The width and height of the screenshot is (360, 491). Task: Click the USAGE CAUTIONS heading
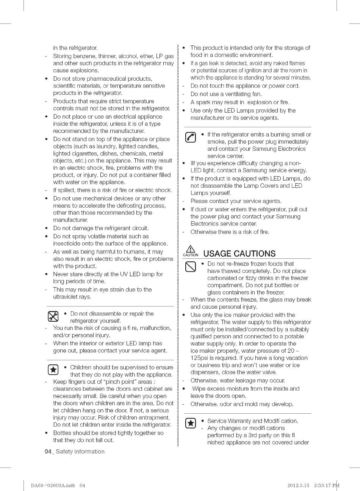[239, 253]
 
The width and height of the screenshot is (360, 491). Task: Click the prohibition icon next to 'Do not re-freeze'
[190, 267]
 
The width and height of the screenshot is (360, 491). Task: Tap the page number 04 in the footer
[48, 452]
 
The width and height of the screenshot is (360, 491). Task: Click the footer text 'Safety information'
[80, 452]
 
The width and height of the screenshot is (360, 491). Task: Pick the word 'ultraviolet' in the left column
[66, 297]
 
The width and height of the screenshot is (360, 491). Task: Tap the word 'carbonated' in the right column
[222, 278]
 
